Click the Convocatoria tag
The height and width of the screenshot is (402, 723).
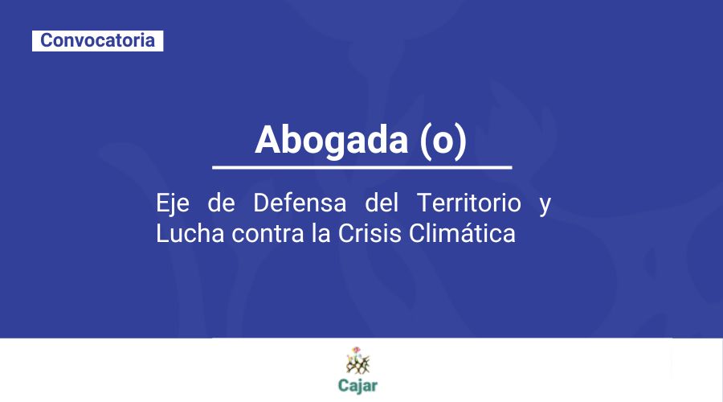pos(97,40)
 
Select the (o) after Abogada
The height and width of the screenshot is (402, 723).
pos(443,140)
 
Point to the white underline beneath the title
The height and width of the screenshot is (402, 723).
pos(361,167)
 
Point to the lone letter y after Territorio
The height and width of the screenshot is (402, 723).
pos(545,205)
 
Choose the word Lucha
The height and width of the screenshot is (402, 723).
pos(182,235)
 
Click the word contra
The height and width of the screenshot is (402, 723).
pos(251,235)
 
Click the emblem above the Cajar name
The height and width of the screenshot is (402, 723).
pos(357,360)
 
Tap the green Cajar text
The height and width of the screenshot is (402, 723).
pos(357,384)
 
